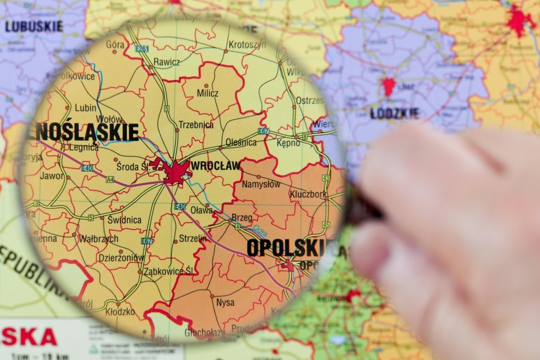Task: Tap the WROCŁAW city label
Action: tap(215, 166)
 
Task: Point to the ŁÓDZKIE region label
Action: tap(395, 113)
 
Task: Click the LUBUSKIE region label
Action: tap(34, 27)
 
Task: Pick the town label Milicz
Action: tap(208, 93)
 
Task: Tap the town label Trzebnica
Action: tap(196, 125)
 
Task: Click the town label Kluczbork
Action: tap(307, 194)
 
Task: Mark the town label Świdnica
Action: tap(124, 220)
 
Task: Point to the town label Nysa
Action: tap(225, 303)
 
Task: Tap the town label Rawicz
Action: tap(167, 62)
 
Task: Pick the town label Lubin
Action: tap(86, 108)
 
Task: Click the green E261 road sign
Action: tap(142, 49)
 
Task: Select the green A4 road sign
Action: tap(110, 179)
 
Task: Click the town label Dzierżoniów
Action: tap(121, 257)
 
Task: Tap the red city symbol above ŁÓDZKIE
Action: tap(388, 86)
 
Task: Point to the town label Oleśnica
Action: tap(241, 142)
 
